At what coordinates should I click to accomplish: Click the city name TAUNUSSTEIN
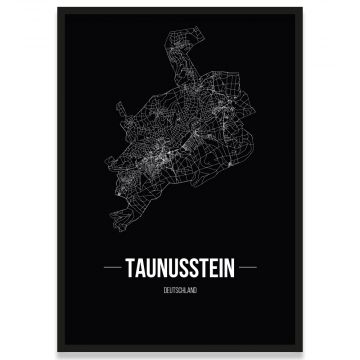click(180, 268)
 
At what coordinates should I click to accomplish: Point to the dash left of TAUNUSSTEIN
click(116, 268)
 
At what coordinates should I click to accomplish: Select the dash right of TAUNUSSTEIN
click(244, 268)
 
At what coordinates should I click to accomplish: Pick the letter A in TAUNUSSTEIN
click(145, 268)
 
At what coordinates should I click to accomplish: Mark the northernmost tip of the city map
click(164, 40)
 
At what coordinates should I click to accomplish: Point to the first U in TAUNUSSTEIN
click(155, 268)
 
